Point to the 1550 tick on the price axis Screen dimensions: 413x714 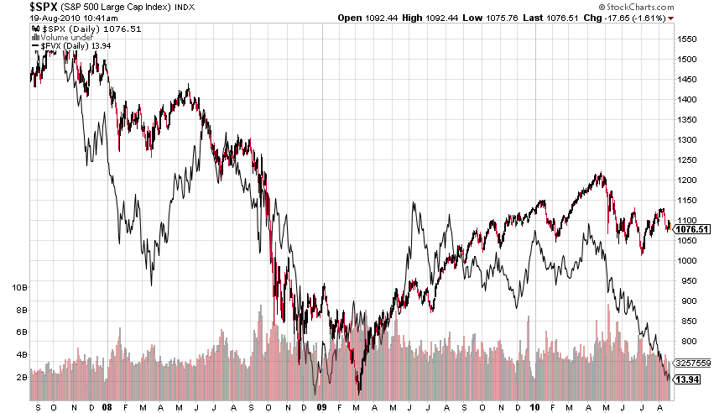[689, 39]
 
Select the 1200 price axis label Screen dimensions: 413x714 [689, 180]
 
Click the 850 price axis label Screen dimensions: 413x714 [687, 321]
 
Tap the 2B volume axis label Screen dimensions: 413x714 [19, 378]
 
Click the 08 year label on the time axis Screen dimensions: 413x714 [107, 405]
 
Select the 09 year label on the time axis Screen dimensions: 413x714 [322, 405]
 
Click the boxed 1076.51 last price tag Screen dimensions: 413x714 [693, 228]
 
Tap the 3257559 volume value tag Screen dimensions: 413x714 [694, 363]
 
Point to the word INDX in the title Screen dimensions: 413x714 [185, 7]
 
